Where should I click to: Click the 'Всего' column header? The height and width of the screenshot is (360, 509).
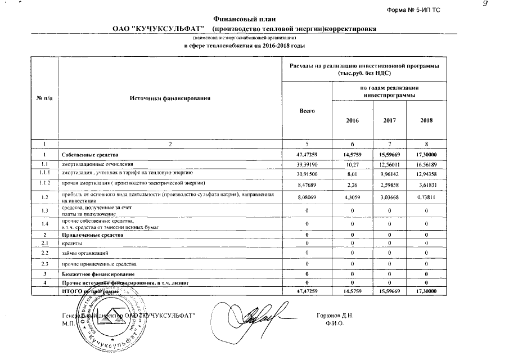(307, 111)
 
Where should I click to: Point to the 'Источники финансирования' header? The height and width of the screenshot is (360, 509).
(170, 98)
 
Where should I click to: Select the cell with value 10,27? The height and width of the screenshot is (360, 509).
(352, 164)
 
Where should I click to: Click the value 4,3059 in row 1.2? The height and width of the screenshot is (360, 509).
(352, 197)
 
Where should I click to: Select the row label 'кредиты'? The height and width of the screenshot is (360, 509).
(72, 243)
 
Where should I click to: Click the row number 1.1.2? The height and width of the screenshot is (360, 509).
(44, 184)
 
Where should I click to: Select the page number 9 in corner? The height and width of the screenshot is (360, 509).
(499, 4)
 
